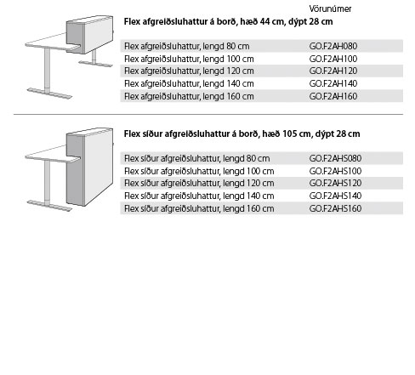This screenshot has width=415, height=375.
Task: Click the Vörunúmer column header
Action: (x=330, y=9)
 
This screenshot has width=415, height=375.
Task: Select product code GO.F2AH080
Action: (x=333, y=46)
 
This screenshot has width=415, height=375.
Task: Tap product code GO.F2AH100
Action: (x=333, y=59)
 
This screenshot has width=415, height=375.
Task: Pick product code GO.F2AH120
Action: (x=333, y=71)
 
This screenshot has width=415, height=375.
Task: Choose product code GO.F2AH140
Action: (x=333, y=83)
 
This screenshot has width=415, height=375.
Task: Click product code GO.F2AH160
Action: (x=333, y=96)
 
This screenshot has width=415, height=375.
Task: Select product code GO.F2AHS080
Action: (x=335, y=158)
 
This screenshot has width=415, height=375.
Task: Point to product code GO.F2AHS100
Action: (x=335, y=171)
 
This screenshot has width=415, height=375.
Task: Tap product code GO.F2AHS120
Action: (x=335, y=183)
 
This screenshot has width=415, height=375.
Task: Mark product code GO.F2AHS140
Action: (x=335, y=196)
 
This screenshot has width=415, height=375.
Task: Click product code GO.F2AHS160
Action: (x=335, y=208)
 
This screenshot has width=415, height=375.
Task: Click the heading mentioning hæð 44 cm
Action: (x=228, y=22)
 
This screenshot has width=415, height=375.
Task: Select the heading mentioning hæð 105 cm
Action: (x=242, y=134)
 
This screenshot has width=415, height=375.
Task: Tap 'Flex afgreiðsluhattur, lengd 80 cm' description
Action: (x=187, y=46)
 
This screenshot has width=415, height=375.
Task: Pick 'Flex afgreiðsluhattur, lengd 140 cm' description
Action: (x=189, y=84)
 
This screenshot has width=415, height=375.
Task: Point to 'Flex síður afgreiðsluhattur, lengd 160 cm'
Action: (x=199, y=208)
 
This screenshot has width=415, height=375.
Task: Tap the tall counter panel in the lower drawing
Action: (x=89, y=167)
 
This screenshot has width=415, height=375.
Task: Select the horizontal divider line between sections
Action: (x=208, y=115)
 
